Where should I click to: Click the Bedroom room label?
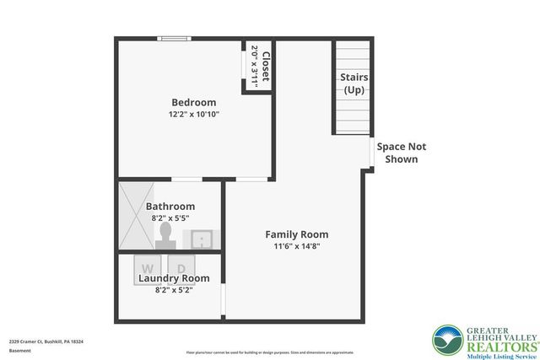click(193, 103)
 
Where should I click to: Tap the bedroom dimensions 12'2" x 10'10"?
click(193, 115)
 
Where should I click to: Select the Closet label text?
click(265, 65)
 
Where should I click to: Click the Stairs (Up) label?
click(354, 83)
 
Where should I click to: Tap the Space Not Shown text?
click(401, 153)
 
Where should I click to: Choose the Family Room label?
click(296, 234)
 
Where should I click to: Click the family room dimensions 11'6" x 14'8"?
click(296, 246)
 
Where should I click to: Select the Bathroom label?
click(170, 206)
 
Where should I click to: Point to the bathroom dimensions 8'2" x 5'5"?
click(170, 218)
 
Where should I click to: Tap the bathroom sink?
click(202, 239)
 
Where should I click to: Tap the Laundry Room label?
click(173, 278)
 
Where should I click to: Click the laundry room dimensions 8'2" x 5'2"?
click(173, 290)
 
